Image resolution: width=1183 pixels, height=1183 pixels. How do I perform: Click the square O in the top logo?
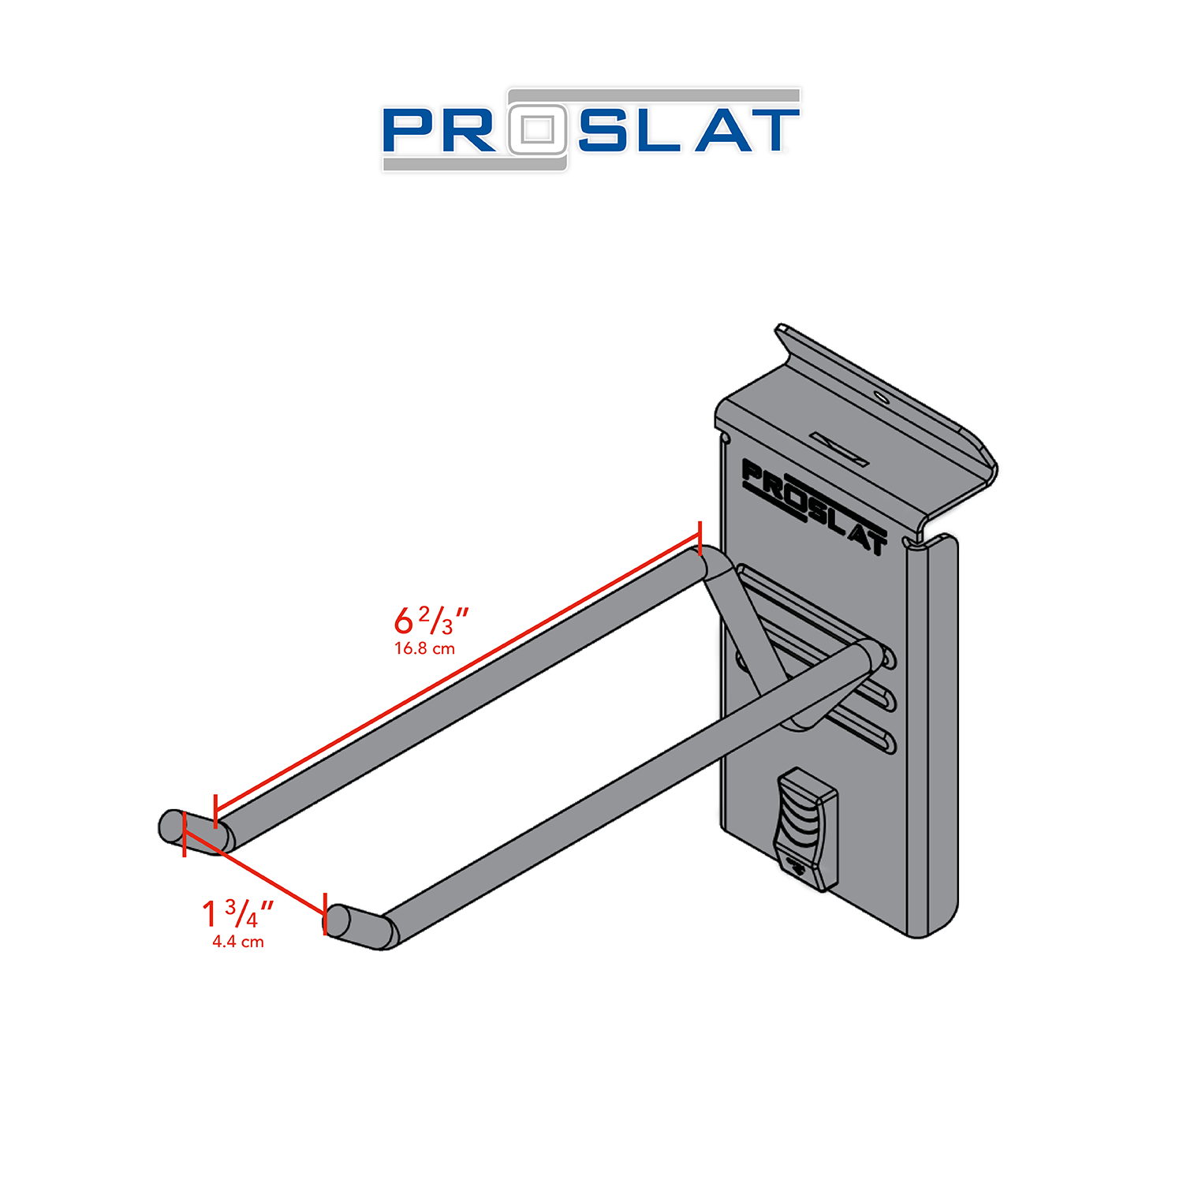538,129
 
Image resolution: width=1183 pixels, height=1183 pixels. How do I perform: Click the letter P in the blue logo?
408,131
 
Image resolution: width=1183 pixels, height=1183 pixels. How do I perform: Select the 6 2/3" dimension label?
431,621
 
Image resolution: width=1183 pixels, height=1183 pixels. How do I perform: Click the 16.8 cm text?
424,649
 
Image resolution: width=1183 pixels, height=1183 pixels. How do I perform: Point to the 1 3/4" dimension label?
237,915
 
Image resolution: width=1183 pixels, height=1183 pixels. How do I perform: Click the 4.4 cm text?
237,942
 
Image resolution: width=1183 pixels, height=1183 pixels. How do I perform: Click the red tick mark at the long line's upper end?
700,538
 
